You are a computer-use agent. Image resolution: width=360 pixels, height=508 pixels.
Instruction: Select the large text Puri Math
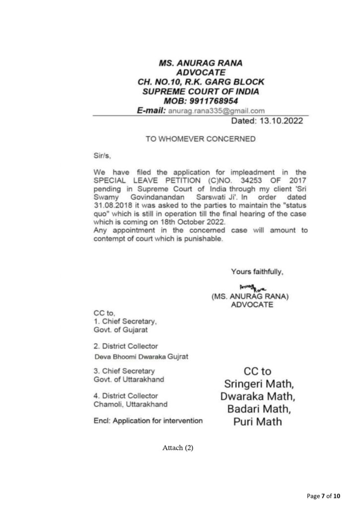(x=257, y=422)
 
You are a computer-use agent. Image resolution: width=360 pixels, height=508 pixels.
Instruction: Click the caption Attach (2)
(x=178, y=448)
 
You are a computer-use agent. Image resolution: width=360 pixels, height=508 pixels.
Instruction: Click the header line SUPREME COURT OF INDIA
(x=200, y=92)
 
